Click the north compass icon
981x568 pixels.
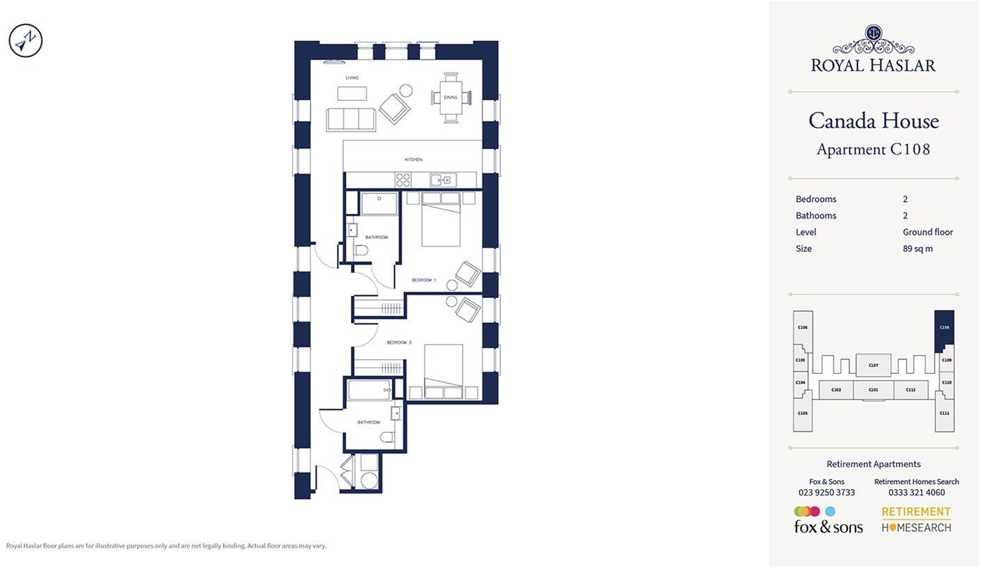[26, 40]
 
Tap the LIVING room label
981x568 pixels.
[352, 78]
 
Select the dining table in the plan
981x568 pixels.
[450, 97]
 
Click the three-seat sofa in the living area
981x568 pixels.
[350, 119]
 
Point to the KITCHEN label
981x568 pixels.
[413, 159]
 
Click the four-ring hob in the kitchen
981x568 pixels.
[403, 180]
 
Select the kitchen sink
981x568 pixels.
[442, 180]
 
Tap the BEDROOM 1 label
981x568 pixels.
[423, 281]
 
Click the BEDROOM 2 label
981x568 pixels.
[399, 342]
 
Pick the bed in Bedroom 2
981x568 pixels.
[444, 372]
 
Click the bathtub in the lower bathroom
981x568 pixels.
[369, 390]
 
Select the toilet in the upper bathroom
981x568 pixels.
[361, 250]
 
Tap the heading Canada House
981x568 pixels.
[873, 121]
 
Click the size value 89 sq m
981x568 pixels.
[918, 248]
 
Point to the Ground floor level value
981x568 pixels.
[927, 232]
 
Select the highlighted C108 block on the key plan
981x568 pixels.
[943, 331]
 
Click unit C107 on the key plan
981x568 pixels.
[873, 365]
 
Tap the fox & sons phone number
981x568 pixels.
[826, 492]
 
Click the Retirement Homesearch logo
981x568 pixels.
[916, 519]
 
